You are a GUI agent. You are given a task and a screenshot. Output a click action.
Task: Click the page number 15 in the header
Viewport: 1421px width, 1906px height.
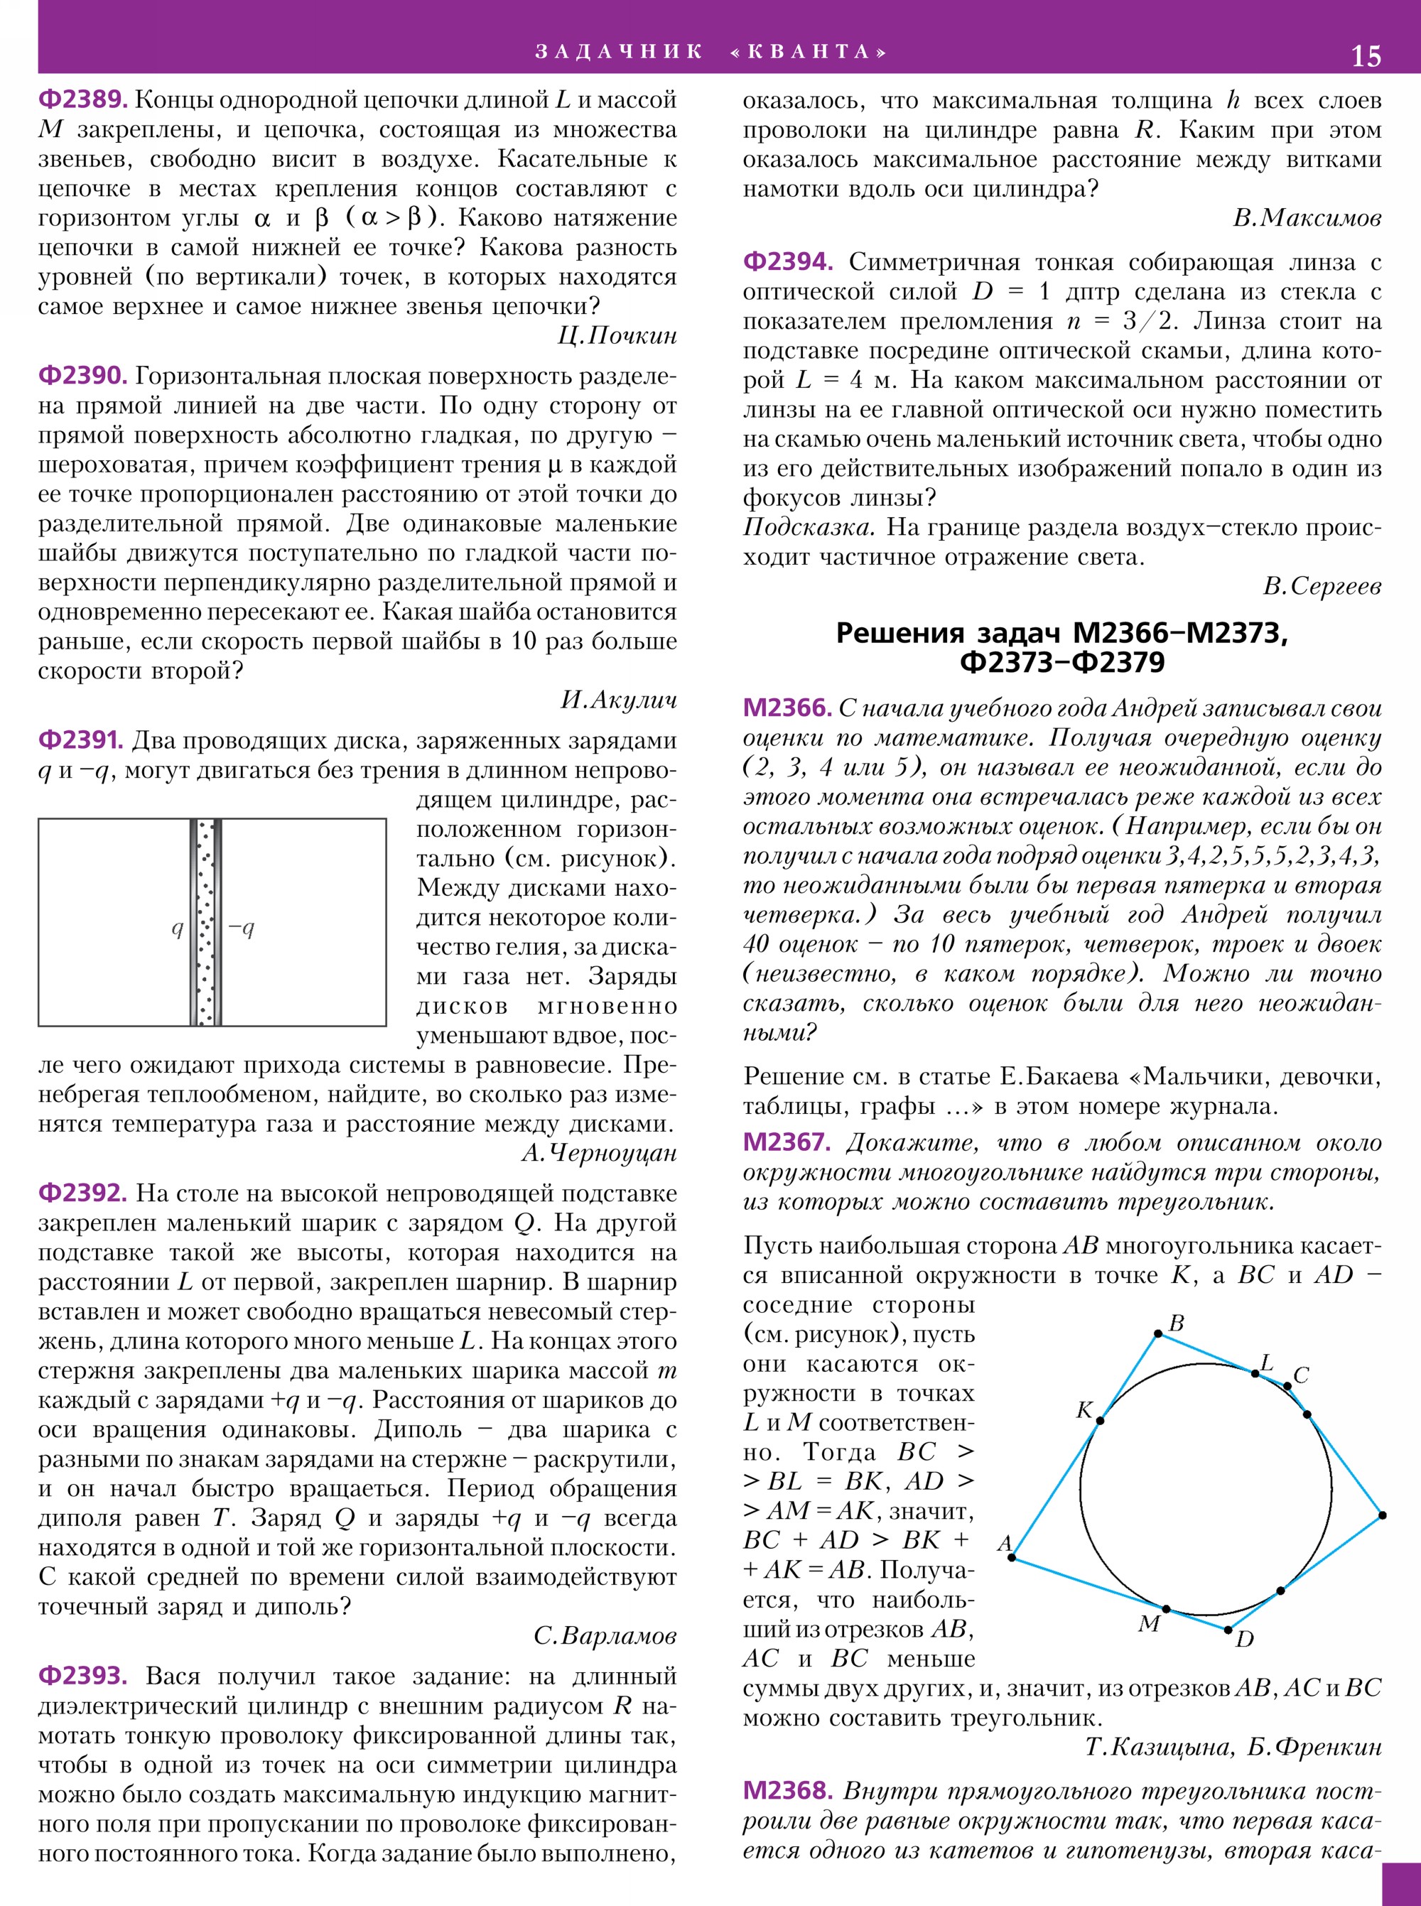(x=1366, y=56)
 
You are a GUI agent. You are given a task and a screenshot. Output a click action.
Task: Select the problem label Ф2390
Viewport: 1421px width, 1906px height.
(x=82, y=376)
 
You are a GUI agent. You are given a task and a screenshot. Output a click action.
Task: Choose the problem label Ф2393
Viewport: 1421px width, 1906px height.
(x=82, y=1677)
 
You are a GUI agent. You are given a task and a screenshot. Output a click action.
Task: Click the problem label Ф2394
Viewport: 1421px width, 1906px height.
(x=788, y=261)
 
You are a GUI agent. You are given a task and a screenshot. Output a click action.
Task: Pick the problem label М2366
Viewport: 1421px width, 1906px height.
(x=787, y=708)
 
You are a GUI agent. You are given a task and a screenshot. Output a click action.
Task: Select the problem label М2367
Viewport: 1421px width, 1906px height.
(x=787, y=1142)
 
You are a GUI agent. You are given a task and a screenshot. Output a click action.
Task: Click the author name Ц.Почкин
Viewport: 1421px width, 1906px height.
(x=617, y=335)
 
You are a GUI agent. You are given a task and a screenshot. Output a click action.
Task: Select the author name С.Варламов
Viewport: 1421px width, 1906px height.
(x=605, y=1636)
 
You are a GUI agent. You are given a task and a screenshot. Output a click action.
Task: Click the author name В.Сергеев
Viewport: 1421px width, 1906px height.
(x=1322, y=587)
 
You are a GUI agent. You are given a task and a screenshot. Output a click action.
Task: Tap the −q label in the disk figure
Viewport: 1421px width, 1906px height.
(x=242, y=927)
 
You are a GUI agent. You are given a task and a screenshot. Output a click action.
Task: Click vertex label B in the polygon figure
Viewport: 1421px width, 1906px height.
(x=1177, y=1323)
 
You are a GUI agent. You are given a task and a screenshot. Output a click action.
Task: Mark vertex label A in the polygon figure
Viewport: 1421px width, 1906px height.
(x=1004, y=1544)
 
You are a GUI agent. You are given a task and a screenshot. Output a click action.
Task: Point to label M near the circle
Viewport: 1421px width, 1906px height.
(x=1149, y=1624)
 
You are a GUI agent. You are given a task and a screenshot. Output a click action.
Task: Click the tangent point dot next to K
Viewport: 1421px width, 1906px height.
(x=1100, y=1420)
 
